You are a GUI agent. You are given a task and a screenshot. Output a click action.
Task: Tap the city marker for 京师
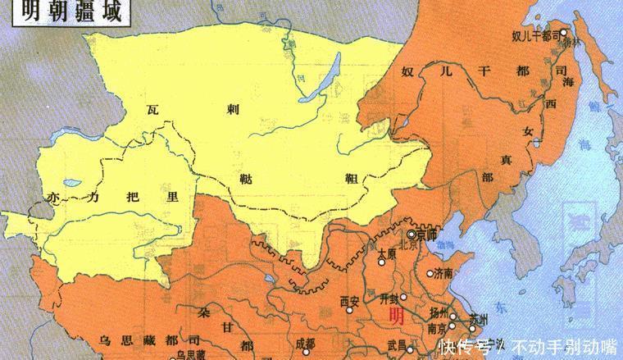tap(411, 234)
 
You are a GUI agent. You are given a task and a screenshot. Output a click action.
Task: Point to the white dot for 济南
tap(430, 273)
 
